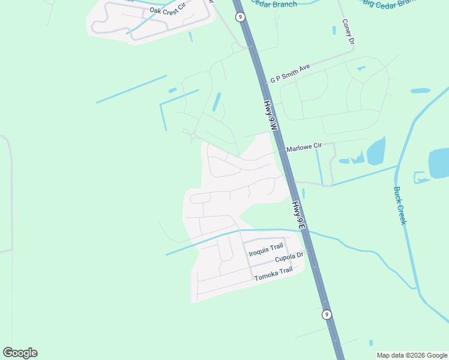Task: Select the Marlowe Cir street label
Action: tap(304, 146)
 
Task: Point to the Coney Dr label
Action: tap(348, 31)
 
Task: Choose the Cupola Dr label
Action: tap(291, 258)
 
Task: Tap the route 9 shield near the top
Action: tap(240, 17)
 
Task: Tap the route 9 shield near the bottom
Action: tap(326, 314)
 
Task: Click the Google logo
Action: tap(20, 353)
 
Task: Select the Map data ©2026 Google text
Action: tap(412, 355)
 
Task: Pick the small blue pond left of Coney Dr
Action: tap(334, 30)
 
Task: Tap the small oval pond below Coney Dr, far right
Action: tap(420, 91)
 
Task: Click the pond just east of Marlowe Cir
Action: tap(375, 151)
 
